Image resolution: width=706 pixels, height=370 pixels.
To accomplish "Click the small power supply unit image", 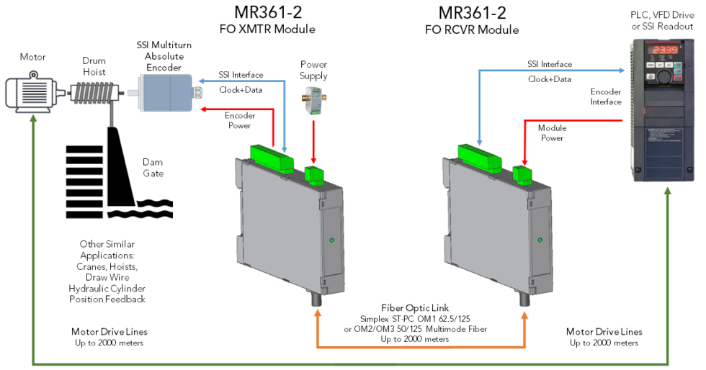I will [313, 99].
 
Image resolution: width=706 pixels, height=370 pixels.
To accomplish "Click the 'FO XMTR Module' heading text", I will [267, 30].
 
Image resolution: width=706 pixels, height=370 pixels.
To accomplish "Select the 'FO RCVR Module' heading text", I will [472, 30].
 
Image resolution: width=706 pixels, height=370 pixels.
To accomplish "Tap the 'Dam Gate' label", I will [153, 168].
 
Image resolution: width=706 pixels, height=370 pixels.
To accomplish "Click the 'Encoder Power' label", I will [238, 120].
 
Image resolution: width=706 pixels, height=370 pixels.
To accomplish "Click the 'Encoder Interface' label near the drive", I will [605, 96].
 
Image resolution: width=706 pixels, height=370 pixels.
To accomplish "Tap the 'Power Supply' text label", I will [313, 70].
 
